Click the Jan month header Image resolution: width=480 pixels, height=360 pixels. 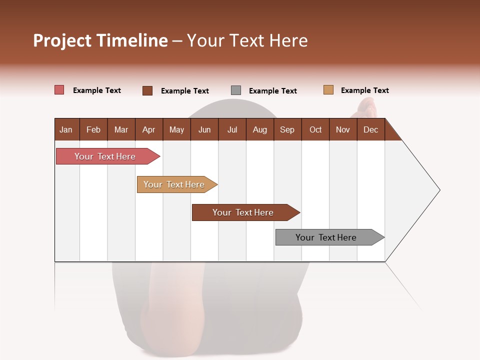[66, 129]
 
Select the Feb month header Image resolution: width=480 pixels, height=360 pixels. [93, 129]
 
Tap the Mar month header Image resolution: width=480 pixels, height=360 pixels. [121, 129]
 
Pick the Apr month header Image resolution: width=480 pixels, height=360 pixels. [148, 129]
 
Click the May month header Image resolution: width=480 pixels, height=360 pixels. [176, 129]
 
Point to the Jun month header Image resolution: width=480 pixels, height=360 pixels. [204, 129]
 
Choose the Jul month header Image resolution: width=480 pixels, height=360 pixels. [232, 129]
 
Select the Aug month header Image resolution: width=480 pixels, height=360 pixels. [259, 129]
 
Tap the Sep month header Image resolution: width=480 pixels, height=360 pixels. [287, 129]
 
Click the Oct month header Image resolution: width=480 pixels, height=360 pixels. [315, 129]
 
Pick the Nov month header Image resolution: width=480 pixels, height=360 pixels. [343, 129]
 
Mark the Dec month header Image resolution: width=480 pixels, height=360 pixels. [370, 129]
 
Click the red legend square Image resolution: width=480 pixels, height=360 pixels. [59, 90]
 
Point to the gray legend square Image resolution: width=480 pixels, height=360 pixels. [236, 90]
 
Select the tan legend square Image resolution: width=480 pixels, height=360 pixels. [328, 90]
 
